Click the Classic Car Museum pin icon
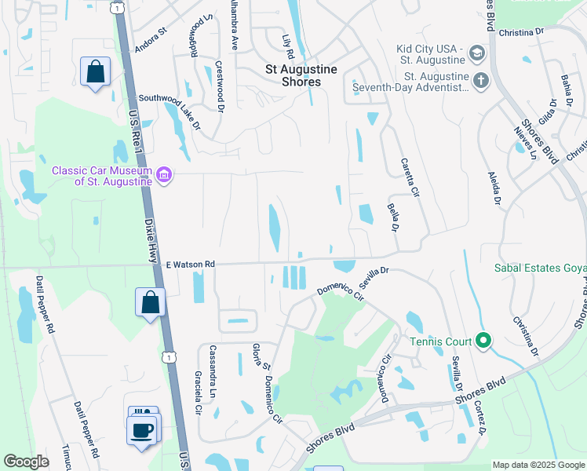click(x=163, y=173)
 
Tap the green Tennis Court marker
click(x=484, y=341)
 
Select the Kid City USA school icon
click(x=476, y=53)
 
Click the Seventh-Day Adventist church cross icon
click(x=481, y=79)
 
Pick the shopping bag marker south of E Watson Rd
click(x=150, y=302)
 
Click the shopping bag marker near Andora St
click(x=95, y=72)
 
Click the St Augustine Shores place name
click(x=298, y=75)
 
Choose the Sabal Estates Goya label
click(x=540, y=268)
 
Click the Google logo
click(x=27, y=461)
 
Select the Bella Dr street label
click(x=392, y=217)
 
